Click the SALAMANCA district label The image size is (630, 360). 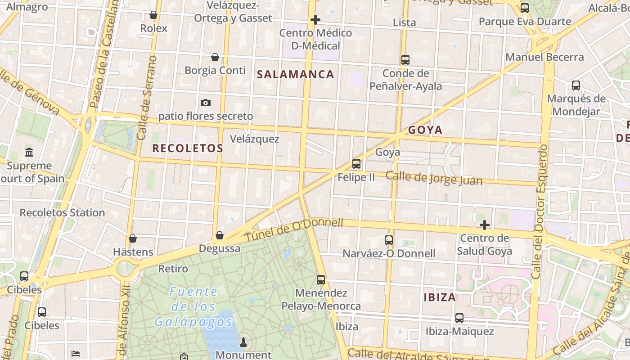296,75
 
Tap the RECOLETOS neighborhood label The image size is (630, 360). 188,148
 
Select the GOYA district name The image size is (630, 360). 425,130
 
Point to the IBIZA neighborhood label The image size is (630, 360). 440,297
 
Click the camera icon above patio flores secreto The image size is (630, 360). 206,103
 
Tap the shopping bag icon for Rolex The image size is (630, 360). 153,15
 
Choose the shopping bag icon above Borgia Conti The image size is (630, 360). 215,57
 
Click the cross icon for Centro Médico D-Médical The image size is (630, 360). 315,20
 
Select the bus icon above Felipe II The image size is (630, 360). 356,164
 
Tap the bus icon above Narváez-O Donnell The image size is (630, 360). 389,240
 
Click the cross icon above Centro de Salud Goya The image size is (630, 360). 485,225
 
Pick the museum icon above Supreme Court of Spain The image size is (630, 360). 30,153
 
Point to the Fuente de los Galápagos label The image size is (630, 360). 193,307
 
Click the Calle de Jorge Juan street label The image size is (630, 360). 434,178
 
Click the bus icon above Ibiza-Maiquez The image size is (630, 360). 459,318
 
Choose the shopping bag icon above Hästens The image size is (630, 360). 133,238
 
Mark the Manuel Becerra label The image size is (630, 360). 544,57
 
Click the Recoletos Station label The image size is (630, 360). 62,212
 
